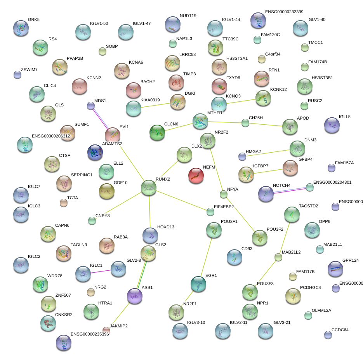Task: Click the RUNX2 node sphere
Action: coord(149,188)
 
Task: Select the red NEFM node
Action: coord(196,176)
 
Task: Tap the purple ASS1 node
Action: coord(135,296)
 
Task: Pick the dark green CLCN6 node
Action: coord(157,132)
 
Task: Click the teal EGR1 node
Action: coord(198,284)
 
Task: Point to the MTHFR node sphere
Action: coord(200,121)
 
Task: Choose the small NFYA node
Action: coord(223,194)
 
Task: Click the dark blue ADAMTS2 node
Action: coord(95,152)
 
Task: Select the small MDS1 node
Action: coord(91,106)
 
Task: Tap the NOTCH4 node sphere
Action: coord(266,193)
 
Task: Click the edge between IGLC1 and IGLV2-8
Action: coord(101,271)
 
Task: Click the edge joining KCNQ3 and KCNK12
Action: coord(241,101)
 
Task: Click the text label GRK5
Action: coord(34,19)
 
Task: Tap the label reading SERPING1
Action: coord(82,175)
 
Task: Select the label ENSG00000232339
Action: coord(284,12)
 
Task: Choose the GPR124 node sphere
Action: coord(335,268)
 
